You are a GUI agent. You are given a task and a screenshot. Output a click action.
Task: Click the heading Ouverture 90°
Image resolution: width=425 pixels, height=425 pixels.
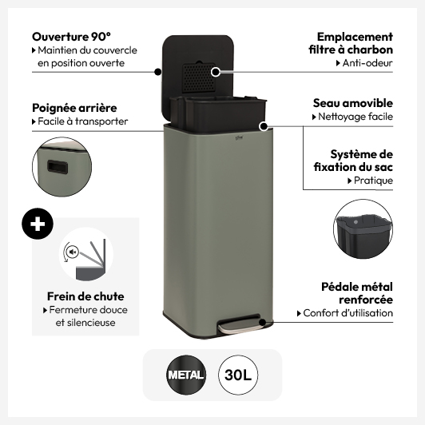pyautogui.click(x=72, y=37)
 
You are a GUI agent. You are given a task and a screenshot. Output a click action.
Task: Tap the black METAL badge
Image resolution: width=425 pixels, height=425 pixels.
pyautogui.click(x=186, y=375)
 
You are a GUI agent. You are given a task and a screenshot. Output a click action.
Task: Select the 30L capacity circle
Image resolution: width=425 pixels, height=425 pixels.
pyautogui.click(x=238, y=375)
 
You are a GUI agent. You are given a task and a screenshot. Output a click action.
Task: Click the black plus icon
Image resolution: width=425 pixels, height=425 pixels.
pyautogui.click(x=38, y=224)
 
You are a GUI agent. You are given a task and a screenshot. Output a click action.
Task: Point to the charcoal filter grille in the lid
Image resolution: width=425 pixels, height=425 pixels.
pyautogui.click(x=198, y=78)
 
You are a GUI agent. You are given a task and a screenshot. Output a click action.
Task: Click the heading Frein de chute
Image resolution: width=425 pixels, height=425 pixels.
pyautogui.click(x=85, y=296)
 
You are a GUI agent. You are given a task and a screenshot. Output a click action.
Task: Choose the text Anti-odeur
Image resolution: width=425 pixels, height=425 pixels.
pyautogui.click(x=367, y=63)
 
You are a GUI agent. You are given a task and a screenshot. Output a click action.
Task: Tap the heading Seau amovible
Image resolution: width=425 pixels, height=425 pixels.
pyautogui.click(x=353, y=103)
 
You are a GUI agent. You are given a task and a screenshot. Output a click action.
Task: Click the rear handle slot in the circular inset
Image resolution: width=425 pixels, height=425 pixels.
pyautogui.click(x=58, y=166)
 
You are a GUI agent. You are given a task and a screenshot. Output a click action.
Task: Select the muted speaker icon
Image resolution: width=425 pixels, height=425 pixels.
pyautogui.click(x=73, y=252)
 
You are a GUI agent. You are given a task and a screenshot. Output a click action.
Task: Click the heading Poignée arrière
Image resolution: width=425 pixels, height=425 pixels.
pyautogui.click(x=74, y=108)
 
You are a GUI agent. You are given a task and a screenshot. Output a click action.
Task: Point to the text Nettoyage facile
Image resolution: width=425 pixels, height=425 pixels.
pyautogui.click(x=355, y=117)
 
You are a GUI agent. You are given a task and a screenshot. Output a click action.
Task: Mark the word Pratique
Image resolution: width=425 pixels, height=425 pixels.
pyautogui.click(x=373, y=181)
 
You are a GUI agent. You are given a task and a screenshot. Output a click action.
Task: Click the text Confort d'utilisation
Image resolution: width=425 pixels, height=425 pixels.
pyautogui.click(x=348, y=313)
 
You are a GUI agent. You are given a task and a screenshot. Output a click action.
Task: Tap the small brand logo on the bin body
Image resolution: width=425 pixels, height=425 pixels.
pyautogui.click(x=239, y=138)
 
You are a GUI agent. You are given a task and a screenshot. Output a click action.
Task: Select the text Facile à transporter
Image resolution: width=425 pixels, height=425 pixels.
pyautogui.click(x=82, y=121)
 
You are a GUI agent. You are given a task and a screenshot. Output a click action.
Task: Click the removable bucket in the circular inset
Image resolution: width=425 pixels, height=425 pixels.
pyautogui.click(x=363, y=233)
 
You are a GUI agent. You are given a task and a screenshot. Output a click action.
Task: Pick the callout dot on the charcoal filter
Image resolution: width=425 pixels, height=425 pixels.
pyautogui.click(x=216, y=72)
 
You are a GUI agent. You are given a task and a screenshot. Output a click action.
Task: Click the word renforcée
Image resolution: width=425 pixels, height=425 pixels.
pyautogui.click(x=366, y=300)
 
